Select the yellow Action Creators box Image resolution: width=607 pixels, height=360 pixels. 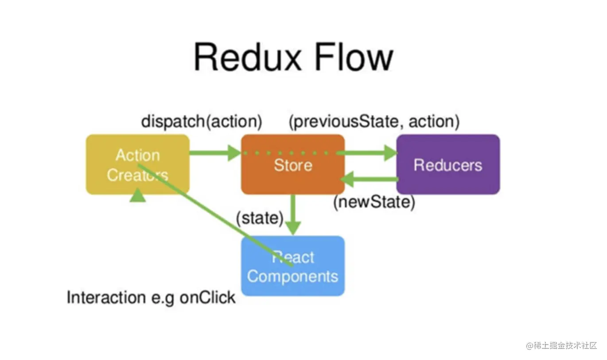pos(138,164)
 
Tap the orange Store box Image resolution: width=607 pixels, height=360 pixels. pos(293,164)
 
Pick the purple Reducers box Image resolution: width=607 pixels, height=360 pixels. pos(448,164)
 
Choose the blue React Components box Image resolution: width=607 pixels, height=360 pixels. pos(293,266)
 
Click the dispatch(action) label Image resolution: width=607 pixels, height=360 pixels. pos(202,121)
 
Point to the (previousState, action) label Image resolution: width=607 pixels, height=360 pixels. pos(374,121)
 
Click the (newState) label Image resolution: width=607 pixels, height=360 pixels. pos(374,202)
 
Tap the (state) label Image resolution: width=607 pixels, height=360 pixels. pos(260,218)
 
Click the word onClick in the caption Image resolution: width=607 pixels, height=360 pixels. pos(207,297)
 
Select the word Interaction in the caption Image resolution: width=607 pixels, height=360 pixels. pos(106,297)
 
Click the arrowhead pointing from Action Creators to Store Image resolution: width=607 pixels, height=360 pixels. pos(234,153)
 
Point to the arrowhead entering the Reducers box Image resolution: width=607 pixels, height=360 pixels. pos(390,153)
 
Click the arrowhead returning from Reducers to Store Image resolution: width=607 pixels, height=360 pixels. pos(347,179)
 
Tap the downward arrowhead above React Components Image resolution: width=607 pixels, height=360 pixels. pos(293,228)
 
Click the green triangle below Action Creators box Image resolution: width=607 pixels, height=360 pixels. pos(138,195)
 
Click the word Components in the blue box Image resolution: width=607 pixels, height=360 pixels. pos(293,277)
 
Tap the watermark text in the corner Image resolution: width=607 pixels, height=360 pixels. pos(561,346)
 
